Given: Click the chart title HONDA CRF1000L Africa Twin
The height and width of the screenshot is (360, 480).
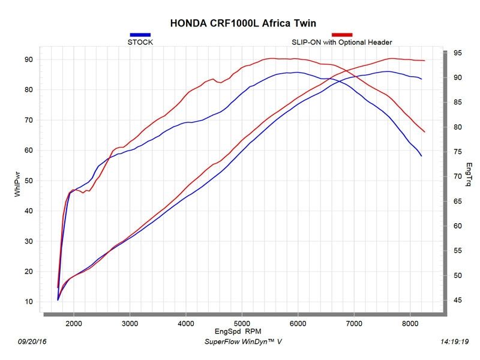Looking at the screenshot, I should [243, 23].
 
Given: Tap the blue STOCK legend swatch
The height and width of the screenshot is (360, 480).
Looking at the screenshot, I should [140, 35].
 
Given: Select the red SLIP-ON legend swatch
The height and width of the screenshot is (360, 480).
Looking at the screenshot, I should [341, 35].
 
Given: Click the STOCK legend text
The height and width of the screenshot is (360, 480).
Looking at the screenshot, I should [140, 43].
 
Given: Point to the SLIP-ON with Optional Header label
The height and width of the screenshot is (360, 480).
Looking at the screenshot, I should [341, 43].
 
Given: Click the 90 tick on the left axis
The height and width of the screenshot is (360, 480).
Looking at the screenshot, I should [28, 59].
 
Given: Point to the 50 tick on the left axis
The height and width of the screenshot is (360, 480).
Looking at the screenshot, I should [28, 181].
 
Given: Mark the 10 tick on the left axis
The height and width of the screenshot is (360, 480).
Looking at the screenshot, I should [28, 302].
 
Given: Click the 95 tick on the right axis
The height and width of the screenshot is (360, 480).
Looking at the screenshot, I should [457, 53].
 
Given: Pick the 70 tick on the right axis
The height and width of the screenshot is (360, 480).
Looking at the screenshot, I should [457, 177].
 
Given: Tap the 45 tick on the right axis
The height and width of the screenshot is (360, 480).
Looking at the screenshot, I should [457, 301].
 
